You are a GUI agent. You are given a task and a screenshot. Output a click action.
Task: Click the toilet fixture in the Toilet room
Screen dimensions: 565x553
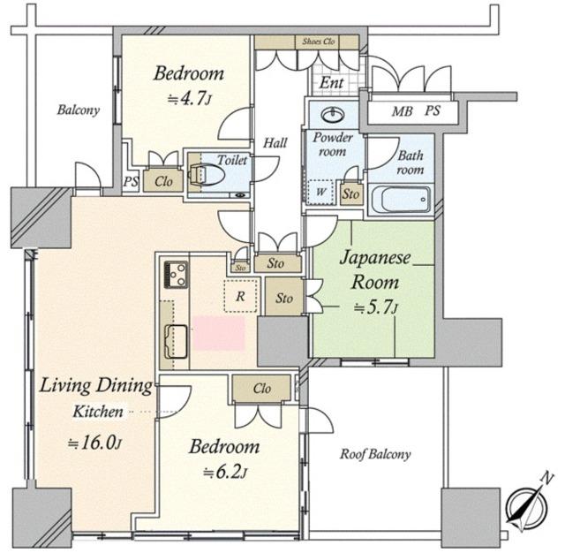(x=204, y=176)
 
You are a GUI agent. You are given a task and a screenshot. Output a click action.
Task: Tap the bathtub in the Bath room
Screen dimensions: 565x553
(x=401, y=201)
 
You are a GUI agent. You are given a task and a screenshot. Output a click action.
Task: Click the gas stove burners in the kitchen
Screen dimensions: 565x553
(x=176, y=275)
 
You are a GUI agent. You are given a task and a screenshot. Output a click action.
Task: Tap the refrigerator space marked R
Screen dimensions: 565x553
(x=241, y=296)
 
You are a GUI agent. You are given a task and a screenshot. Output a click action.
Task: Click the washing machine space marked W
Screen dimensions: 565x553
(x=320, y=192)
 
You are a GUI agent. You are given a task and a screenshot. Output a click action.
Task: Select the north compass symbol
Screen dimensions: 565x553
(x=528, y=503)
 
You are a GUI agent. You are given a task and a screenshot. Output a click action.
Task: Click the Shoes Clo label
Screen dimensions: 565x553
(x=319, y=42)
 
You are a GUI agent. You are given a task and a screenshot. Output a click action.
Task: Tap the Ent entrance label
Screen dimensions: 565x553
(x=331, y=83)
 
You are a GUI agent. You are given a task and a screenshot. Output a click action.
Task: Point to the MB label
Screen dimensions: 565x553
(x=402, y=111)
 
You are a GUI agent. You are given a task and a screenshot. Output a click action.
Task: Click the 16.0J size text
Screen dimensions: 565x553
(x=94, y=443)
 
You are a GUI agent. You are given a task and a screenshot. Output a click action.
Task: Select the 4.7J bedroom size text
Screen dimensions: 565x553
(x=189, y=99)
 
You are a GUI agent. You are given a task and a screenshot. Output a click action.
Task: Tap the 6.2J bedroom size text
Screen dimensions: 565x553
(x=225, y=472)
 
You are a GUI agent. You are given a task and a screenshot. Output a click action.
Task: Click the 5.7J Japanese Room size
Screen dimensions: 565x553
(x=376, y=307)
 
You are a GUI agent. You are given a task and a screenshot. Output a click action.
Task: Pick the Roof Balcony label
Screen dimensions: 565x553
(x=375, y=454)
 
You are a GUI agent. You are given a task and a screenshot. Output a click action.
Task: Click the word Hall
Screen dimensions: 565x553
(x=275, y=143)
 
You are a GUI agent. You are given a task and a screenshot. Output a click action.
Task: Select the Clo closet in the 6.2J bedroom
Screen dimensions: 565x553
(x=261, y=388)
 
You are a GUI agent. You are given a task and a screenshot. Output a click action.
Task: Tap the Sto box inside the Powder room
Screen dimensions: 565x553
(x=350, y=194)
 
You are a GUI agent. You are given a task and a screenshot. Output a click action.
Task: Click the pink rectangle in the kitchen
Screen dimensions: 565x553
(x=219, y=333)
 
